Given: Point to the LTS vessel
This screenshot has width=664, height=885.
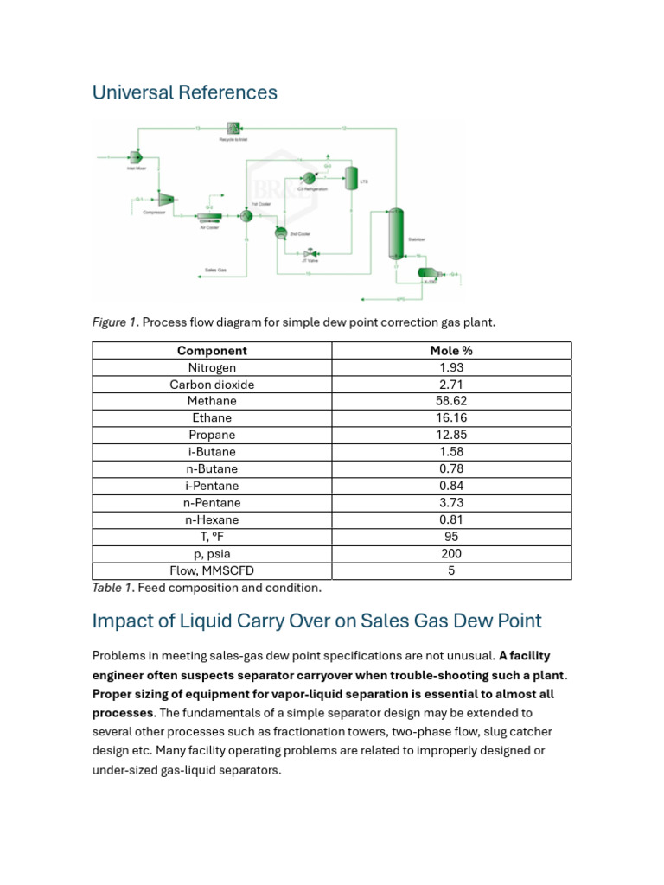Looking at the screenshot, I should [x=351, y=177].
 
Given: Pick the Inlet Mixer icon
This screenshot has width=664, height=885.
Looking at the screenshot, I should [x=136, y=156].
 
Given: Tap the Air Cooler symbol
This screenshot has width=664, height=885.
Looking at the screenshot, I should [x=209, y=217].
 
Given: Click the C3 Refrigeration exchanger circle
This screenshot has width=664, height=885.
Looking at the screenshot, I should [x=308, y=177].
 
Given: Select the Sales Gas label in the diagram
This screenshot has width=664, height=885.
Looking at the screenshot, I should [x=215, y=270].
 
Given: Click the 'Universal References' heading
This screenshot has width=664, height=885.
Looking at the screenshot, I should [x=185, y=92].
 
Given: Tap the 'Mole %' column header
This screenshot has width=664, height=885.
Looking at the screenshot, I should [x=451, y=350].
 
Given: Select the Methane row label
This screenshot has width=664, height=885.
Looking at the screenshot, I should [x=212, y=401].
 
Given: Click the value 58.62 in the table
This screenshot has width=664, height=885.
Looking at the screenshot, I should [x=451, y=401].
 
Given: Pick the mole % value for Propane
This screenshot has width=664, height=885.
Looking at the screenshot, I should [x=451, y=435].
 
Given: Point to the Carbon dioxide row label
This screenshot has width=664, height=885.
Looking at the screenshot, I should [x=212, y=385].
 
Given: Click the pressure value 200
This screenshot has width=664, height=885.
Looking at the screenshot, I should [x=451, y=554].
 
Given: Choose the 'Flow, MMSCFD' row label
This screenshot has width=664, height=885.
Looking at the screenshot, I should [x=212, y=571].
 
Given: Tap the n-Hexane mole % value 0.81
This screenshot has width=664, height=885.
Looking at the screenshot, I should [x=451, y=520].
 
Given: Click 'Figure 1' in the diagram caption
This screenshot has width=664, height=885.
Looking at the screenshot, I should [x=115, y=322].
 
